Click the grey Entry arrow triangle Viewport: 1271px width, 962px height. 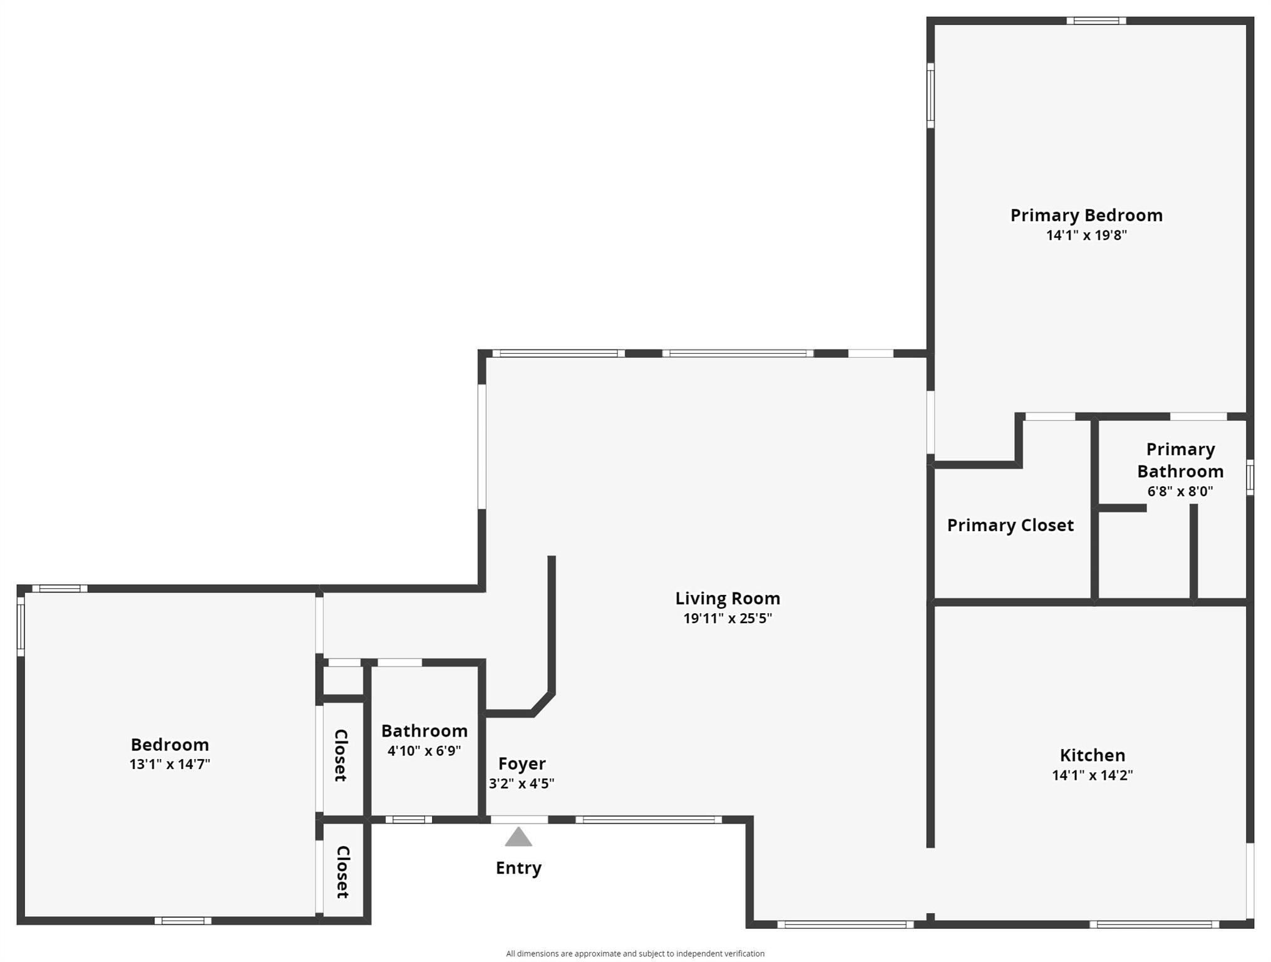pos(518,838)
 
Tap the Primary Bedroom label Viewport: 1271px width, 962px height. pos(1086,215)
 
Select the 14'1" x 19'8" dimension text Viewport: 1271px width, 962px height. pos(1086,235)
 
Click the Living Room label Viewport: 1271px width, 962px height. pos(728,599)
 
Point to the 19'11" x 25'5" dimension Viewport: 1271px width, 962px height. pos(728,619)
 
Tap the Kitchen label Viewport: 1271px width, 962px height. pos(1093,755)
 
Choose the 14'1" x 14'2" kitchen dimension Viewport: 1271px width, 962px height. pos(1093,775)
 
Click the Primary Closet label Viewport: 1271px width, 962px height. pos(1010,525)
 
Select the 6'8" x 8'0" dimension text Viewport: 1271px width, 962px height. pos(1180,492)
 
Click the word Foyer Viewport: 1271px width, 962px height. pos(522,763)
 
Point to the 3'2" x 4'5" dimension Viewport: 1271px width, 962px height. pos(522,784)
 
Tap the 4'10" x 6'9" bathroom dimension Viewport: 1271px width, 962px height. pos(424,750)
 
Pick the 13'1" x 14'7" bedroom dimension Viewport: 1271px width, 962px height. pos(170,764)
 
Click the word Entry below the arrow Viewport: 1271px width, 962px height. pos(518,868)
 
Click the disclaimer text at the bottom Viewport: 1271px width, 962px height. pos(635,953)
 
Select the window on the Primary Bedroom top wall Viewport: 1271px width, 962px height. pos(1096,21)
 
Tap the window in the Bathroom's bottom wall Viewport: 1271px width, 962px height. pos(408,819)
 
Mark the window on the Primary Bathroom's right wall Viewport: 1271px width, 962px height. pos(1250,477)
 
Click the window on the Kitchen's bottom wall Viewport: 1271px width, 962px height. pos(1154,924)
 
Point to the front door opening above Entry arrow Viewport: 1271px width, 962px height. pos(519,819)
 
